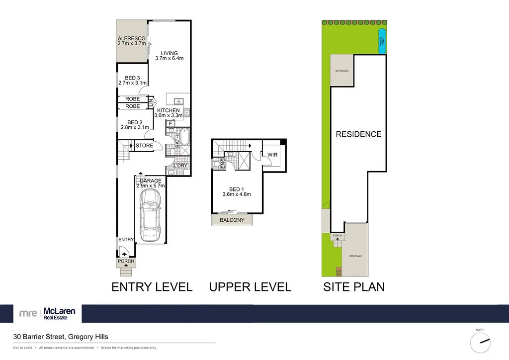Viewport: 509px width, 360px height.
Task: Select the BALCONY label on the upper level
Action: point(232,220)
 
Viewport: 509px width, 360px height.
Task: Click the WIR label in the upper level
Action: point(272,155)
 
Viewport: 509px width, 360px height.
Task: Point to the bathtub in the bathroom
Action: point(184,137)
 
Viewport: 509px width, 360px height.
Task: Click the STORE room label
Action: point(145,146)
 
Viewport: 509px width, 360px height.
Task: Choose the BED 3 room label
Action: point(132,78)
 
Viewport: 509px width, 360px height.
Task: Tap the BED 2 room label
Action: point(135,122)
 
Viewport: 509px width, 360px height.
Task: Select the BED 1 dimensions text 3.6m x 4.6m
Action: point(237,194)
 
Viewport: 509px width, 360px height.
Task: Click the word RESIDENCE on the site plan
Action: point(358,134)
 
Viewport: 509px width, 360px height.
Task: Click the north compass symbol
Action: point(482,342)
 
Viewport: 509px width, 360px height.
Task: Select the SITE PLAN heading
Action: point(354,287)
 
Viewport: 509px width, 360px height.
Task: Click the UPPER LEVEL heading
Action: point(250,287)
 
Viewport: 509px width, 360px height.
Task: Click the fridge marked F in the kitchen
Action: point(170,123)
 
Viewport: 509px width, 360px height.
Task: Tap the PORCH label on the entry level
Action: point(126,261)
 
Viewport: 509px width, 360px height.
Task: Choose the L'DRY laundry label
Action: point(180,166)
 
